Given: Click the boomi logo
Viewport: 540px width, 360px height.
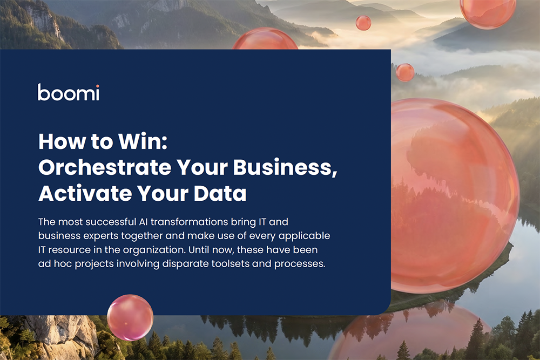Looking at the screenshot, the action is click(69, 92).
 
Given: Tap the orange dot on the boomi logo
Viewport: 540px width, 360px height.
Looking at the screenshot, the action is click(97, 86).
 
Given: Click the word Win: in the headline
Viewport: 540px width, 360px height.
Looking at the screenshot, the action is click(143, 141).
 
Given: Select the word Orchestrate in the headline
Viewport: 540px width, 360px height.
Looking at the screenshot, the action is click(105, 167).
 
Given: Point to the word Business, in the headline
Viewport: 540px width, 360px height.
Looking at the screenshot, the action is click(285, 168).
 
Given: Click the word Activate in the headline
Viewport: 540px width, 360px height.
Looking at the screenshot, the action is click(85, 193).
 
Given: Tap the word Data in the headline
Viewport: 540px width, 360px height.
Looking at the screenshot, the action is click(220, 193).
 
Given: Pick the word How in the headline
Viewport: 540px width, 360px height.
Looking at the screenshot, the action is click(62, 141).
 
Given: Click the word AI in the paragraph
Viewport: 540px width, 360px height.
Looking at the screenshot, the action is click(143, 222).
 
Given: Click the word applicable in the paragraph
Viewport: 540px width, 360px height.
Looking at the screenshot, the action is click(304, 236).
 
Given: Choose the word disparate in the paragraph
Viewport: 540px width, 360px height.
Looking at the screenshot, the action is click(185, 264).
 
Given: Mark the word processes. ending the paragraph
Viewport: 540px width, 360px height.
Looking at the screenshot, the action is click(300, 264).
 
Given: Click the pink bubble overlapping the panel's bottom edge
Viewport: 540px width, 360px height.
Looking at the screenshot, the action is click(130, 317).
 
